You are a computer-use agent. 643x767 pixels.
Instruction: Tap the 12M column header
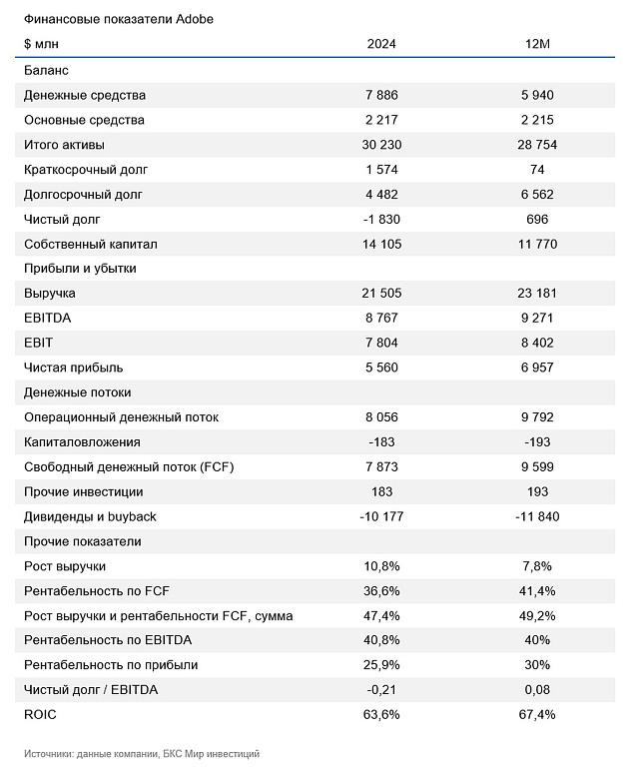[x=537, y=45]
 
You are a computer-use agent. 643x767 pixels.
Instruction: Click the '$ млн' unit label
[x=42, y=45]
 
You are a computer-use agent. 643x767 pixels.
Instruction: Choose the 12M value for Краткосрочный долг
[x=537, y=170]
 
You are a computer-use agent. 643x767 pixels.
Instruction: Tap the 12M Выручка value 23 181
[x=537, y=294]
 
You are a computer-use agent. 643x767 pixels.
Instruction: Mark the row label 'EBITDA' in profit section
[x=45, y=319]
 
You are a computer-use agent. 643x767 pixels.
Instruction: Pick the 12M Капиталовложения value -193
[x=537, y=441]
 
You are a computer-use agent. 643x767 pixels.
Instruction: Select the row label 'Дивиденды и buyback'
[x=90, y=516]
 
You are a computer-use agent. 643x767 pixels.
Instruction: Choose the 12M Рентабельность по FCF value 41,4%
[x=537, y=591]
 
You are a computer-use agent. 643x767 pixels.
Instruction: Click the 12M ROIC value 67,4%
[x=537, y=715]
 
